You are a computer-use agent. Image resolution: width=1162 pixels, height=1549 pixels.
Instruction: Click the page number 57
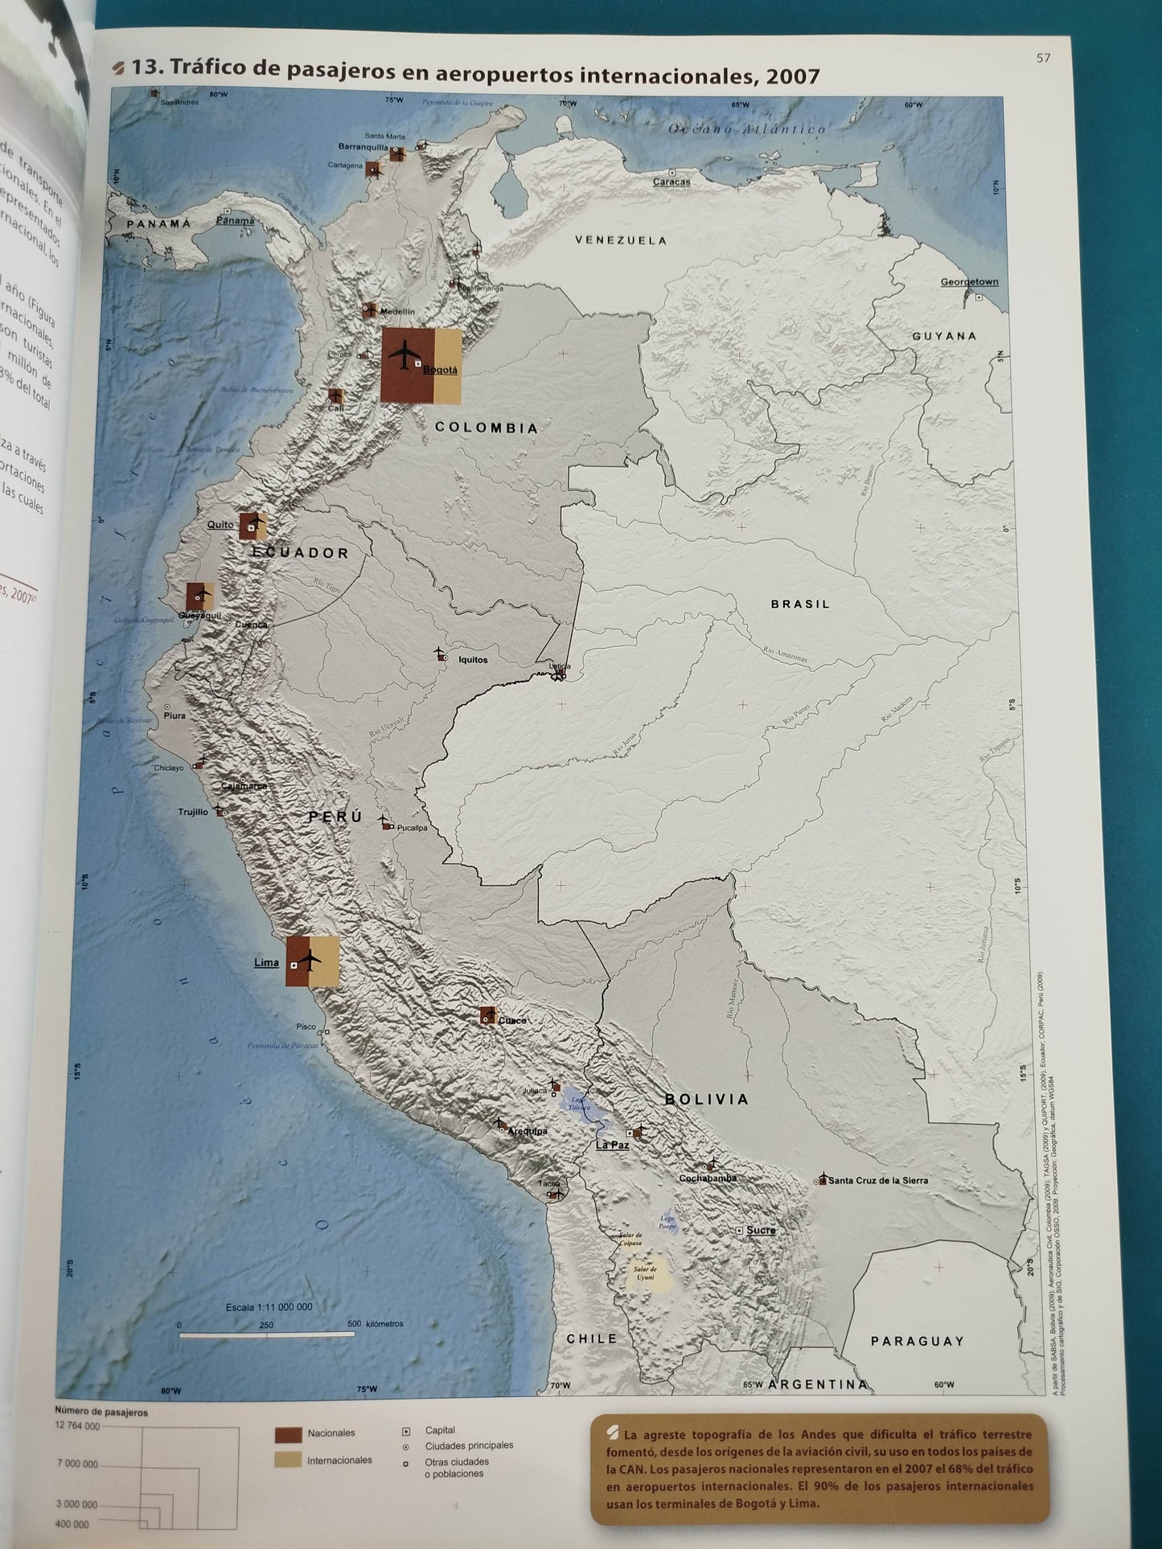pos(1043,58)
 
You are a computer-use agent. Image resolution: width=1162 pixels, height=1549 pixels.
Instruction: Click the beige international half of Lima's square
pos(322,961)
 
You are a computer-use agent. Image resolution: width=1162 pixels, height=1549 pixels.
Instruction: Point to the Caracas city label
pos(671,182)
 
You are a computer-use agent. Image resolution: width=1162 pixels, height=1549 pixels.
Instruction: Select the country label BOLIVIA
pos(707,1099)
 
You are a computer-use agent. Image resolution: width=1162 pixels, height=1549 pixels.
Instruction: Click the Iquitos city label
pos(473,660)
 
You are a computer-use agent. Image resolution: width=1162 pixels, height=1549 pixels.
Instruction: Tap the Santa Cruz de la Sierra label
pos(878,1180)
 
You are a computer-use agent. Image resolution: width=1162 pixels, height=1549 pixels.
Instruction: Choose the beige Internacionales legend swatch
pos(288,1459)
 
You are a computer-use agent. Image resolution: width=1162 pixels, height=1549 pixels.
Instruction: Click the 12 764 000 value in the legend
pos(77,1426)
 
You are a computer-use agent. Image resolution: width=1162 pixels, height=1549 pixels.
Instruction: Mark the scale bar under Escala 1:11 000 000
pos(266,1334)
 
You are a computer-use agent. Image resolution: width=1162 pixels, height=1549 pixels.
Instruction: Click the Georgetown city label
pos(969,282)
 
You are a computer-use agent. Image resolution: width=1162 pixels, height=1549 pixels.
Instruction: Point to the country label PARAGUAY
pos(917,1341)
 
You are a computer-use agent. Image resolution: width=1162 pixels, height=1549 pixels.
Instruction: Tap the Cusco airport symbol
pos(487,1015)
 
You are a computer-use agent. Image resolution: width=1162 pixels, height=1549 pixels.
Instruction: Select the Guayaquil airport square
pos(199,596)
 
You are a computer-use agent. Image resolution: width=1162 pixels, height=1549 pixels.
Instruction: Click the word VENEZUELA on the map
pos(621,240)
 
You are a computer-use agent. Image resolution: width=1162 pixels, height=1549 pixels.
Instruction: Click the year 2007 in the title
pos(793,77)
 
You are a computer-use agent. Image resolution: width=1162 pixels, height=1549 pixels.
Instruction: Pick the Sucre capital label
pos(761,1230)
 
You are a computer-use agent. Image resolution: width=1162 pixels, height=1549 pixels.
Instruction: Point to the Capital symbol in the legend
pos(406,1431)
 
